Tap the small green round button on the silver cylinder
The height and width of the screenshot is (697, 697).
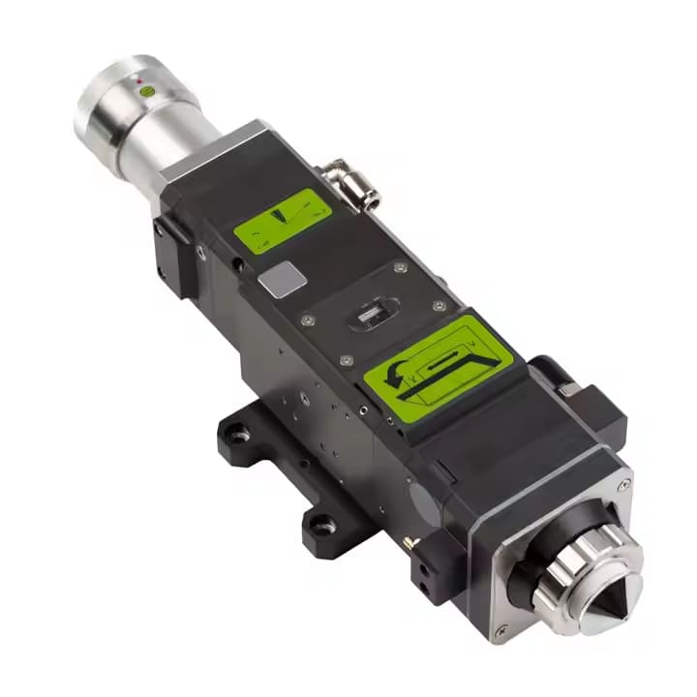pyautogui.click(x=147, y=90)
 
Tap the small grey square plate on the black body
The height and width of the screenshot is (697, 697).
pyautogui.click(x=282, y=280)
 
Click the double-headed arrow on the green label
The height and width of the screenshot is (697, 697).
pyautogui.click(x=446, y=361)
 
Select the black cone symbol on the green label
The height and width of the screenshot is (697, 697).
pyautogui.click(x=283, y=215)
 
